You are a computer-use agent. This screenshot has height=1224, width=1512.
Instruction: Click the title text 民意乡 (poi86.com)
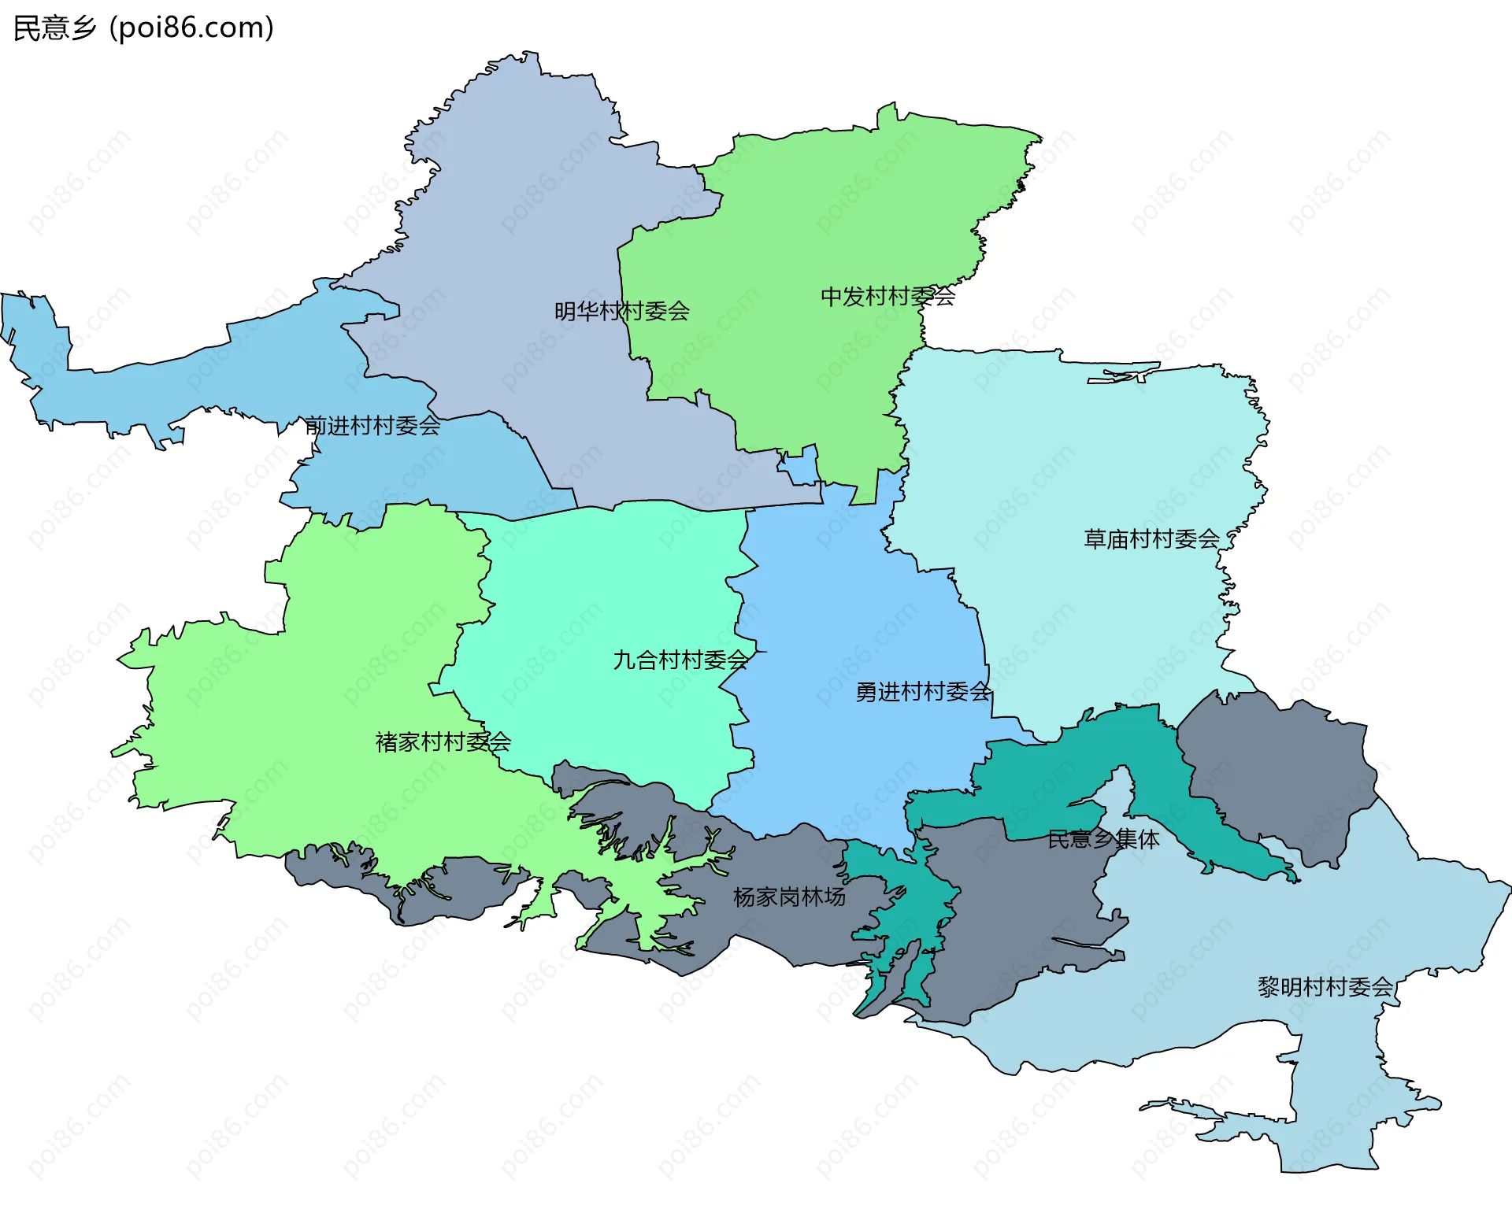pos(143,28)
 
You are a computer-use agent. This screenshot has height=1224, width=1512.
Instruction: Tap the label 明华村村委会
pos(621,312)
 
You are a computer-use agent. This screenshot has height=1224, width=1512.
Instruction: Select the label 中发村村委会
pos(888,297)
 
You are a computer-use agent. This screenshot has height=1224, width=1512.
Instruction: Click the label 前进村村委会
pos(372,426)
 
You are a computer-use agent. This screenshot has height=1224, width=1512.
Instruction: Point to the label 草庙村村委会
pos(1151,539)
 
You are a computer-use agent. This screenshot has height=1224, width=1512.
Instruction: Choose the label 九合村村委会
pos(680,660)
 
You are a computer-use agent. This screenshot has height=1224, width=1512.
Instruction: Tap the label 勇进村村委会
pos(923,692)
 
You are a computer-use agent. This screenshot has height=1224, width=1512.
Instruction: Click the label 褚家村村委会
pos(443,741)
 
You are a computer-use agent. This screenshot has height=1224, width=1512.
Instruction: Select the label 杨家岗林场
pos(789,897)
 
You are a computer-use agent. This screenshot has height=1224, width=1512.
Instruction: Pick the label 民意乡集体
pos(1103,839)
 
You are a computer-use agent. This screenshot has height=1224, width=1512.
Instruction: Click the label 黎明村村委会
pos(1325,986)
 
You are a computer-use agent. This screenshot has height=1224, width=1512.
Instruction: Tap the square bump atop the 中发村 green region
pos(888,116)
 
